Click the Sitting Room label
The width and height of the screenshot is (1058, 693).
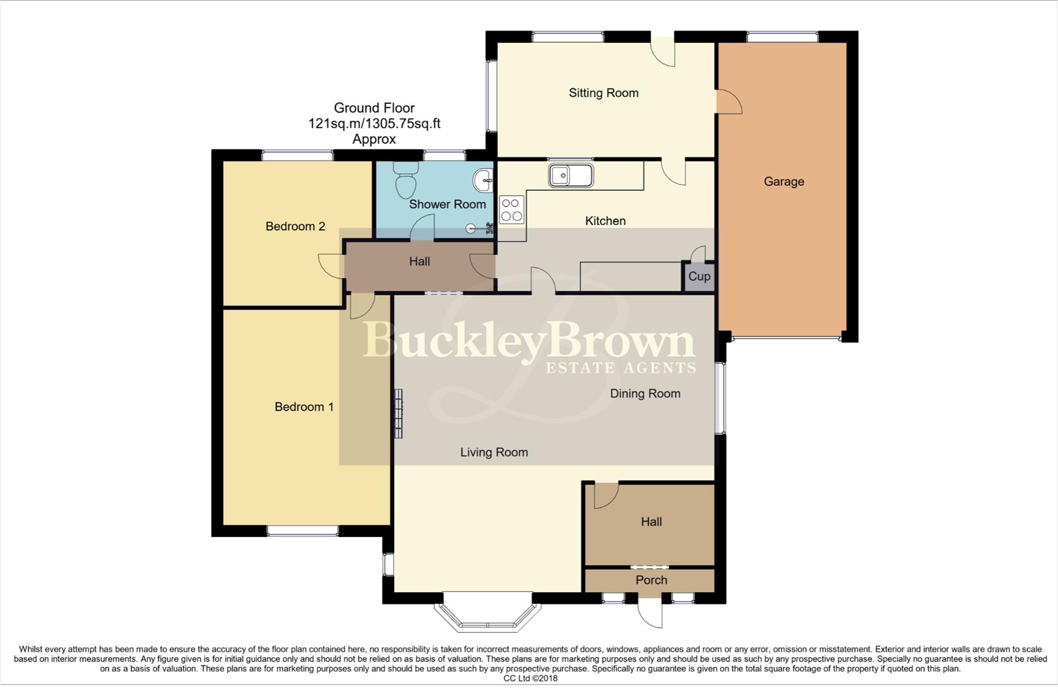click(x=603, y=93)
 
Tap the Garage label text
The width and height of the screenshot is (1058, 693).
click(x=783, y=182)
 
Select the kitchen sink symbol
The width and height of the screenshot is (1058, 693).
click(x=570, y=175)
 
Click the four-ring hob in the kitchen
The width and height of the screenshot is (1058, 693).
click(x=511, y=210)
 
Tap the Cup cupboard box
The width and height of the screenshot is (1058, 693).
click(x=699, y=277)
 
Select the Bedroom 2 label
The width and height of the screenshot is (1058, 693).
click(x=295, y=227)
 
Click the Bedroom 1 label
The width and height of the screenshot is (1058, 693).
click(x=303, y=407)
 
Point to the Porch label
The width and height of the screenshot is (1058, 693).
click(x=651, y=580)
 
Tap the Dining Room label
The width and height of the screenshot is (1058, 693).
click(x=645, y=394)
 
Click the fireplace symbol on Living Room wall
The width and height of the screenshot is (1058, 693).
click(x=398, y=414)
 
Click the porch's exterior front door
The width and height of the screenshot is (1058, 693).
click(x=651, y=613)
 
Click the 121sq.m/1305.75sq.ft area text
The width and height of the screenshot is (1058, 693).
click(x=374, y=124)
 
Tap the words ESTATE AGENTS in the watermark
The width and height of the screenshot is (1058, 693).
click(x=620, y=368)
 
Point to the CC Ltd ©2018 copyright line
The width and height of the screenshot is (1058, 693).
click(x=530, y=678)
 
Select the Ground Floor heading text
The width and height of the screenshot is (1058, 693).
click(x=374, y=108)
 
